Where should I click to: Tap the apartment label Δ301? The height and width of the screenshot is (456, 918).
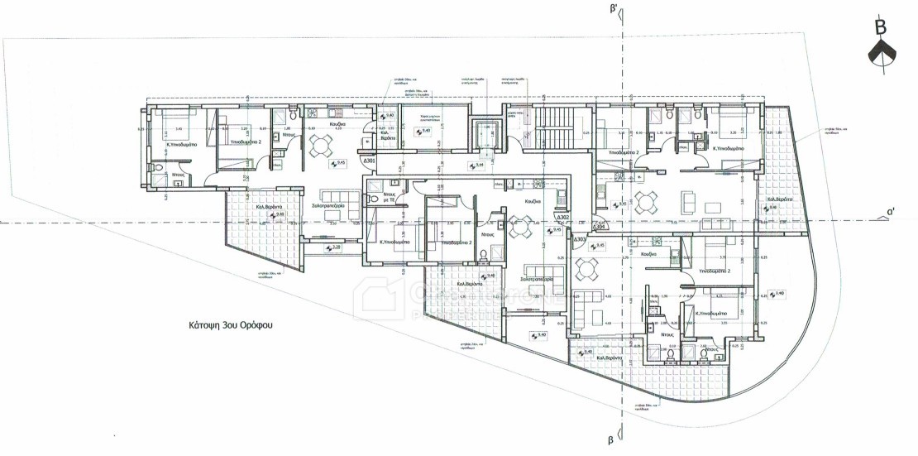pos(370,161)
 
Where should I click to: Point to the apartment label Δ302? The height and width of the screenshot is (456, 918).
pos(563,217)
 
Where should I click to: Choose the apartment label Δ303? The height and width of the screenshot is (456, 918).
pos(581,240)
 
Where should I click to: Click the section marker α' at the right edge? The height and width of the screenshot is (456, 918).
pos(891,211)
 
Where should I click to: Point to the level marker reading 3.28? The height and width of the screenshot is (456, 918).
pos(335,247)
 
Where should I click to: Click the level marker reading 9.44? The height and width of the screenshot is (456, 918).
pos(479,166)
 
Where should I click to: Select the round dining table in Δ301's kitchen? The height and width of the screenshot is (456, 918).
pos(319,145)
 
